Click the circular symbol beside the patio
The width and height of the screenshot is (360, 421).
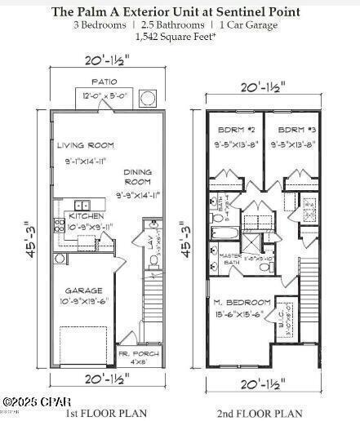(148, 98)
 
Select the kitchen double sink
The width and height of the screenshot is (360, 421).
(82, 206)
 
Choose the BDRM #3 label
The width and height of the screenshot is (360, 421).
(291, 131)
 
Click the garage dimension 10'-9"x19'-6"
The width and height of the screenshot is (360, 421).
(83, 300)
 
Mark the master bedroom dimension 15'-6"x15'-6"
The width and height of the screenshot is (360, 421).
(242, 314)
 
